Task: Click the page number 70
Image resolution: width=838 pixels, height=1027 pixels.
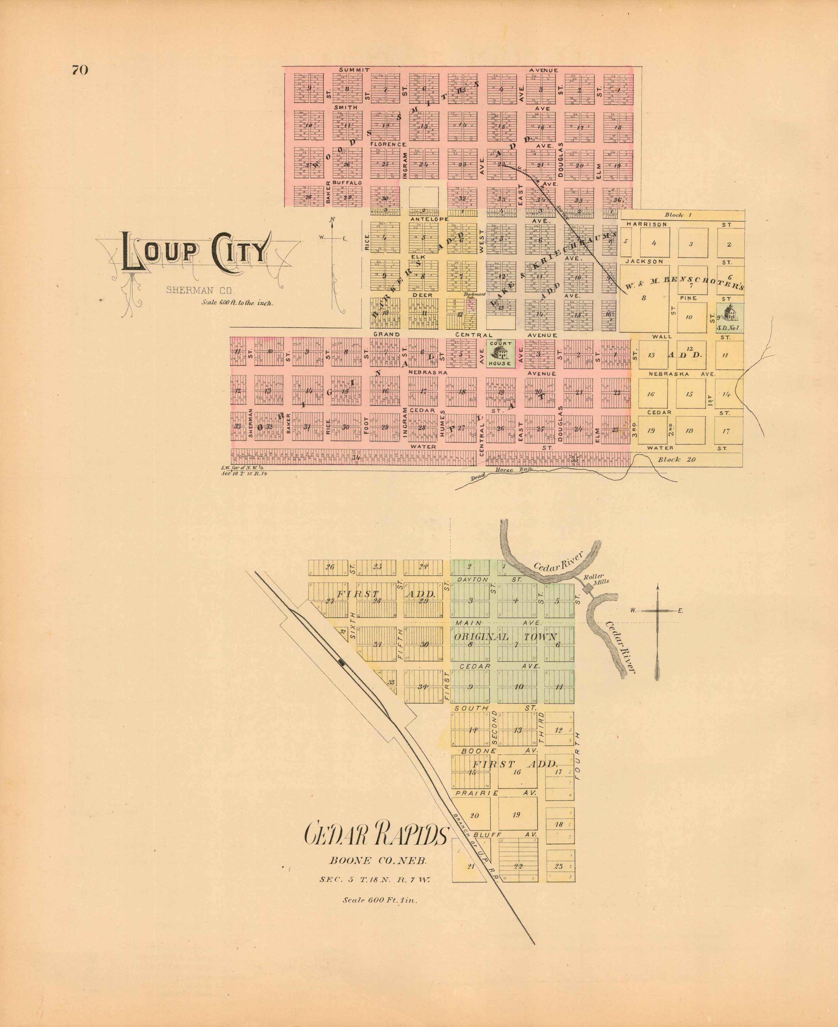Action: pos(80,70)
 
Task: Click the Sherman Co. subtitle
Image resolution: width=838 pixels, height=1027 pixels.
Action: pos(200,290)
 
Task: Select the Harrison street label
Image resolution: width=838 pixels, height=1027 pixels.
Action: pos(646,224)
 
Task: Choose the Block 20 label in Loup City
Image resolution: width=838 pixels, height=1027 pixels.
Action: pos(677,459)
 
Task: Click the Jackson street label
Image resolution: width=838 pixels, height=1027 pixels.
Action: pos(644,261)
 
